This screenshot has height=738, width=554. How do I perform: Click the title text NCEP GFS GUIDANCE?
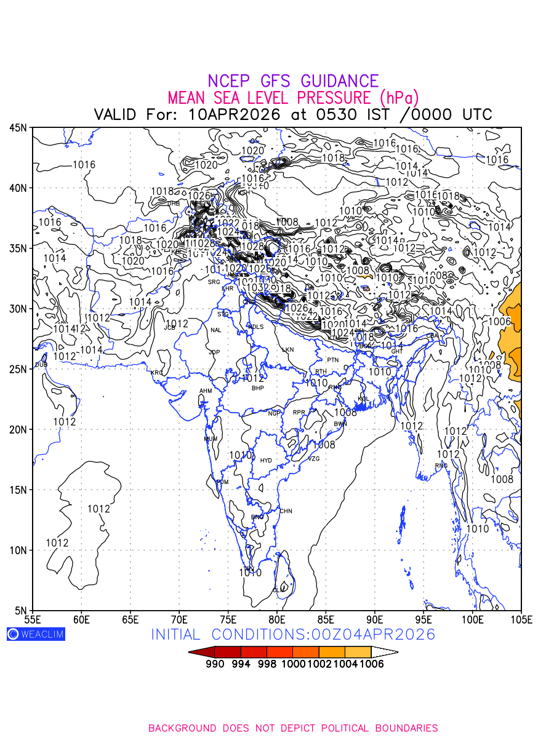coord(293,81)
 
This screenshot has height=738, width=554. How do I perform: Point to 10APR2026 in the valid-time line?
coord(235,114)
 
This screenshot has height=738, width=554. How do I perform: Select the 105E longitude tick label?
coord(521,618)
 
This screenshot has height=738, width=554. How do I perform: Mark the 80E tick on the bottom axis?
coord(277,618)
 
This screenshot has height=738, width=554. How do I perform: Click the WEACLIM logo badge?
coord(36,634)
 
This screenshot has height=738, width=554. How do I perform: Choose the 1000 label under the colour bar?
coord(293,664)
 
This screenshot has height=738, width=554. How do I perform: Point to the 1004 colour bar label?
coord(345,664)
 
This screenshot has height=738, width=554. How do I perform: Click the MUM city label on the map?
coord(211,439)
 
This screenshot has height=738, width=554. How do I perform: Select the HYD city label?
coord(266,461)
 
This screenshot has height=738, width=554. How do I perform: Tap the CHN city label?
coord(286,511)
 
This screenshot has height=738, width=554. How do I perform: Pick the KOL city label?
coord(363,399)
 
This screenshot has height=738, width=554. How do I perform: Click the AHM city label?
coord(205,391)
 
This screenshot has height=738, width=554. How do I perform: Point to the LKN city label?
coord(288,349)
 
